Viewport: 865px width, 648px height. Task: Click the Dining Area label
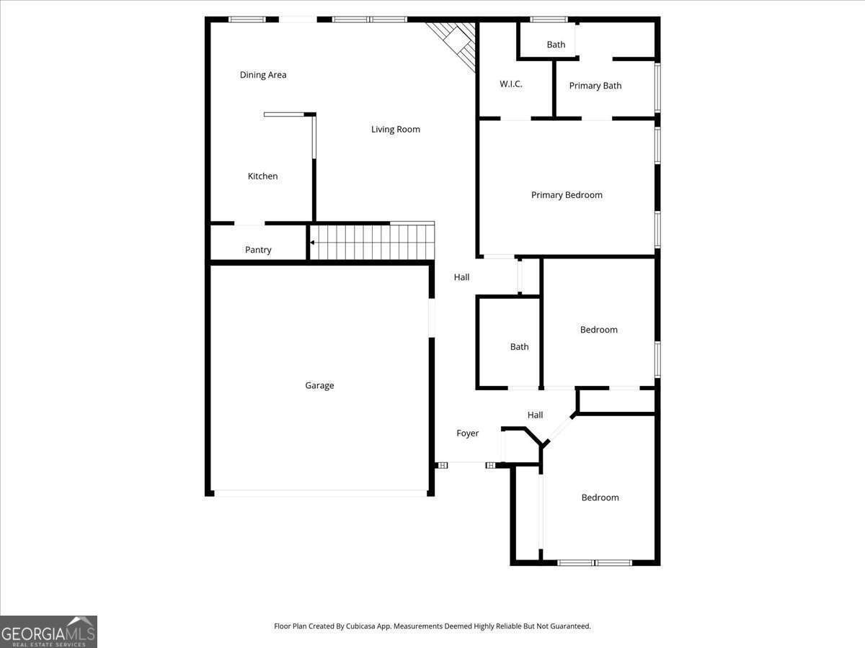pyautogui.click(x=263, y=75)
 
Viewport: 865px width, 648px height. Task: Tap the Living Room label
pyautogui.click(x=396, y=130)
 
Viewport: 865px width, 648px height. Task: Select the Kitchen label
pyautogui.click(x=262, y=176)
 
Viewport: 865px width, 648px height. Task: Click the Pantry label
pyautogui.click(x=258, y=250)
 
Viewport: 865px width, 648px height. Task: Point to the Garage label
pyautogui.click(x=319, y=386)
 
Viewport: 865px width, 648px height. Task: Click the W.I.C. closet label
pyautogui.click(x=511, y=84)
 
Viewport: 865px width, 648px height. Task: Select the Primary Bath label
pyautogui.click(x=595, y=86)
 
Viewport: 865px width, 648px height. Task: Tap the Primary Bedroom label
pyautogui.click(x=567, y=195)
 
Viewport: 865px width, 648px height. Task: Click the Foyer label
pyautogui.click(x=468, y=433)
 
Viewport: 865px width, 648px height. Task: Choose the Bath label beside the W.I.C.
pyautogui.click(x=556, y=45)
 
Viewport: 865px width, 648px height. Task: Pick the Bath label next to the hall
pyautogui.click(x=520, y=347)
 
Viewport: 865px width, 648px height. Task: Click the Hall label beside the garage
pyautogui.click(x=461, y=277)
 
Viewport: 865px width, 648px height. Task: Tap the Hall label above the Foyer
pyautogui.click(x=535, y=415)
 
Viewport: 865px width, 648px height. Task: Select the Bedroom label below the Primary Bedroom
pyautogui.click(x=599, y=330)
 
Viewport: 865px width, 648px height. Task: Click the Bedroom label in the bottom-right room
pyautogui.click(x=600, y=498)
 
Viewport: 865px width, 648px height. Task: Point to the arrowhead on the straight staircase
pyautogui.click(x=312, y=243)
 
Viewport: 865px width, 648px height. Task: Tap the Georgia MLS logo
pyautogui.click(x=48, y=631)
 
